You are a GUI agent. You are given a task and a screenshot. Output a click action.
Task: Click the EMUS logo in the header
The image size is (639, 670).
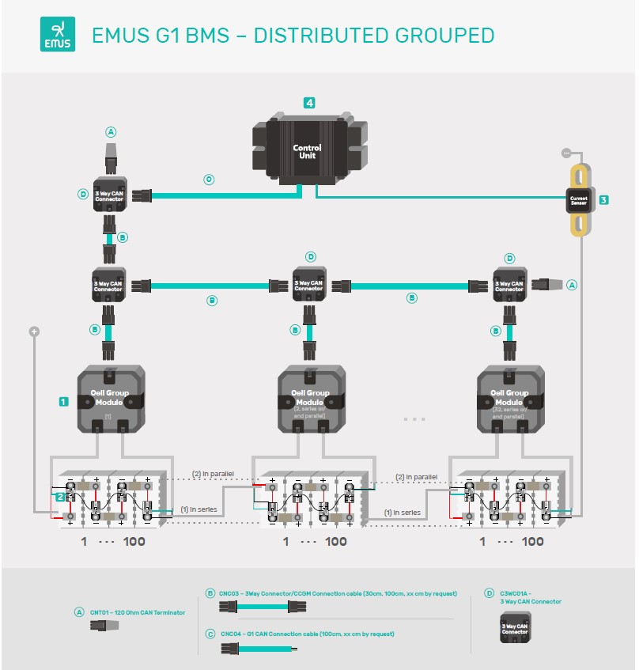click(58, 36)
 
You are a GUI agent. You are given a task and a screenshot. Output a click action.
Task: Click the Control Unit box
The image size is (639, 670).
click(307, 150)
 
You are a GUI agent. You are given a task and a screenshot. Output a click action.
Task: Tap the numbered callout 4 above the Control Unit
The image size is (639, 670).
click(309, 103)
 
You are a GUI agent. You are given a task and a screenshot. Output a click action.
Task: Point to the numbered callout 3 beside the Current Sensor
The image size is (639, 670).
click(603, 200)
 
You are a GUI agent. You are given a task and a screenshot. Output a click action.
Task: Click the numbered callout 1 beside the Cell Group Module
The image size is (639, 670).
click(63, 402)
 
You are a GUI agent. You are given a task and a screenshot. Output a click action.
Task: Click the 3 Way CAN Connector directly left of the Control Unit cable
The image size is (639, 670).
click(109, 195)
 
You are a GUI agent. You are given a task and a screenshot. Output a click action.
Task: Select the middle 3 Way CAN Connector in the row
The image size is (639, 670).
click(308, 284)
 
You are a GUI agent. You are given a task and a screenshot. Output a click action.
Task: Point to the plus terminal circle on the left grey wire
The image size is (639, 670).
click(34, 331)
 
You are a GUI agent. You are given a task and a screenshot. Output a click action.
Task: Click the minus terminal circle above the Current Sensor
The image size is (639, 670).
click(565, 151)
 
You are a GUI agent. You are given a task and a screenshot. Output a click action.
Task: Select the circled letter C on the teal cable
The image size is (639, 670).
click(209, 180)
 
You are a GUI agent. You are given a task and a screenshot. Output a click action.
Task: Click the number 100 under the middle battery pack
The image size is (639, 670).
click(336, 542)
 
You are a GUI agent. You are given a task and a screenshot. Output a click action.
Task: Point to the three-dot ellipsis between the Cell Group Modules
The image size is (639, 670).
click(414, 418)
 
